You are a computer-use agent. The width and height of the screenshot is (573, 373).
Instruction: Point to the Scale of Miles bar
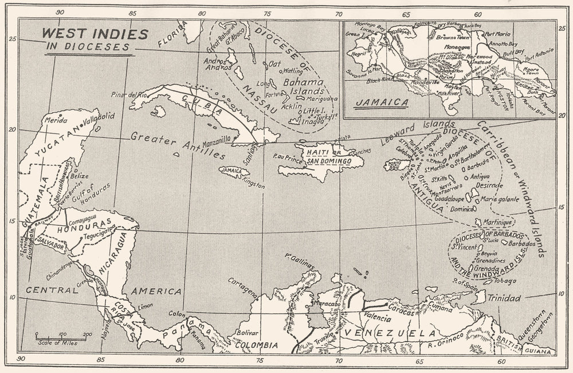(62, 337)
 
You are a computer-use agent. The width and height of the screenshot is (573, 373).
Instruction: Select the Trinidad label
(505, 299)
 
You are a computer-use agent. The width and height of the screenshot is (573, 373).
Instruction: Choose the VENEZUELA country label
(390, 333)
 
